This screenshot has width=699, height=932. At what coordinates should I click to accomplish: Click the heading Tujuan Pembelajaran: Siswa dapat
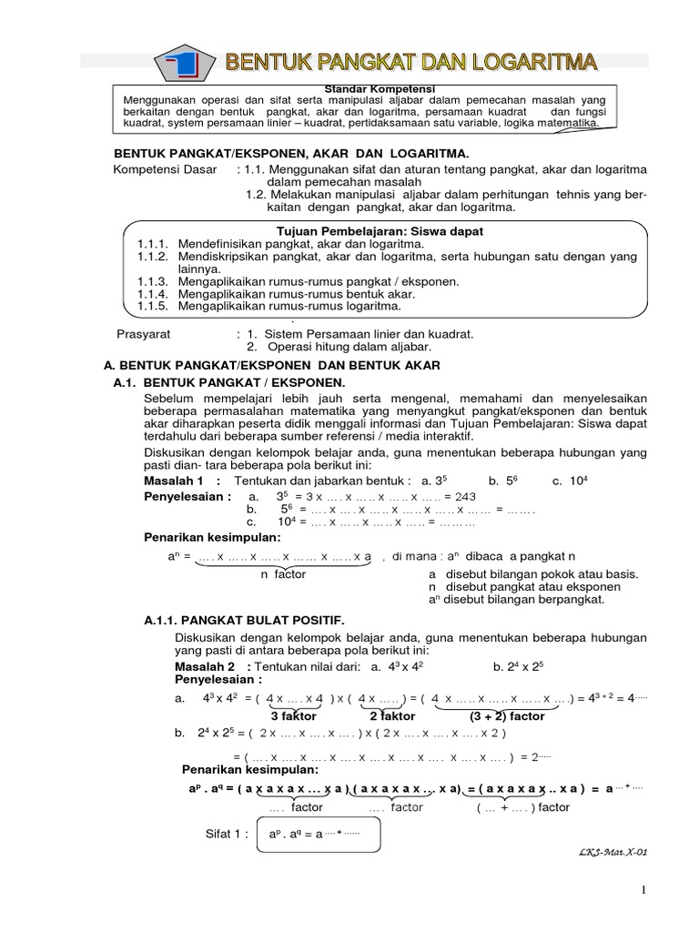point(380,232)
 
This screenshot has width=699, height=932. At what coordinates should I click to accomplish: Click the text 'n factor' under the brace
point(284,574)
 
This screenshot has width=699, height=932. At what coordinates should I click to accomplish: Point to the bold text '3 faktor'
point(292,715)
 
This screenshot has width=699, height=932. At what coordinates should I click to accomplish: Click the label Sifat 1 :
point(228,834)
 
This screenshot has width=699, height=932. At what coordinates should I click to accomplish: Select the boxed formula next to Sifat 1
point(317,835)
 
